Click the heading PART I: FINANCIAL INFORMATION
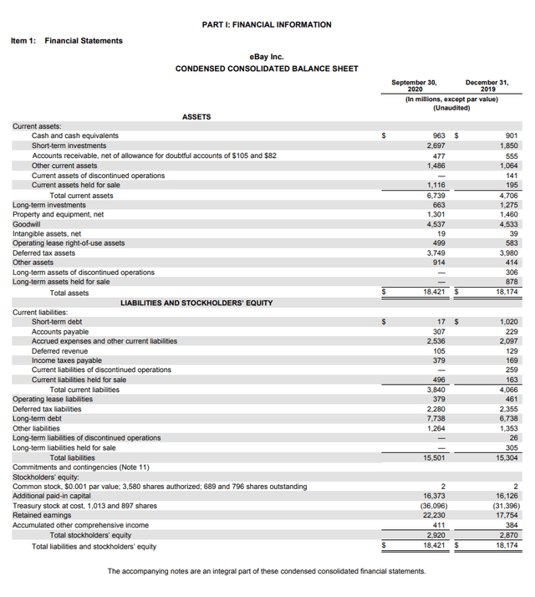[x=267, y=25]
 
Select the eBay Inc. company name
[x=267, y=55]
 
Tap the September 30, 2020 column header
[x=414, y=85]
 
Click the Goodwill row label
[x=27, y=224]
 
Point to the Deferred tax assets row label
[x=43, y=253]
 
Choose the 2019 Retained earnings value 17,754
[x=507, y=516]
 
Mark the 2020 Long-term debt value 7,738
[x=435, y=419]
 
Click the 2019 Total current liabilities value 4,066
[x=507, y=390]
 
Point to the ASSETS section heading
[x=196, y=117]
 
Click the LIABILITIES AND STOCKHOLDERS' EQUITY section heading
[x=196, y=302]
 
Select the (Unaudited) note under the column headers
[x=451, y=108]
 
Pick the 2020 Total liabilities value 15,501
[x=433, y=457]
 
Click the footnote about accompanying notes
[x=267, y=571]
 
